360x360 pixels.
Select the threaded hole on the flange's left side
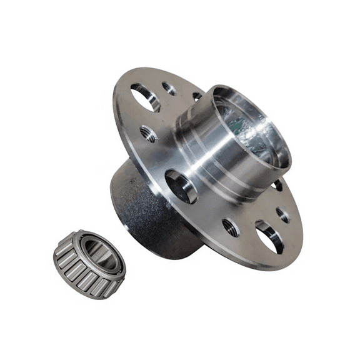(x=149, y=133)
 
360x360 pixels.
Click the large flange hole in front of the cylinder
(x=180, y=186)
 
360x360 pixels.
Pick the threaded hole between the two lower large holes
(x=230, y=227)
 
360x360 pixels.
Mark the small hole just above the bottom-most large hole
(x=283, y=214)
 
